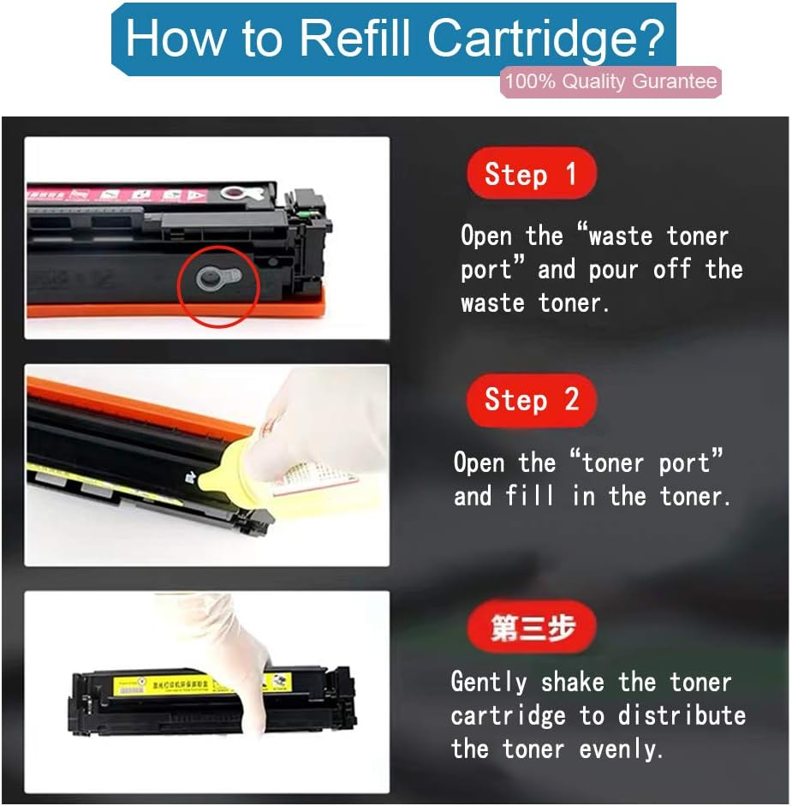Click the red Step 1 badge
click(530, 174)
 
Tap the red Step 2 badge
click(531, 399)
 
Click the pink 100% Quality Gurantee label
click(610, 82)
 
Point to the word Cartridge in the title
click(546, 39)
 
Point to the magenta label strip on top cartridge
click(146, 194)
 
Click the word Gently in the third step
click(490, 683)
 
